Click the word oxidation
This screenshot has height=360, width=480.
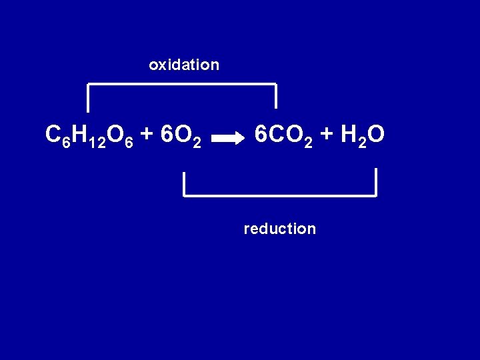[184, 65]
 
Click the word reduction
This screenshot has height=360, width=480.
[280, 229]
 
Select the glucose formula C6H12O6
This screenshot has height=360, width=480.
[91, 136]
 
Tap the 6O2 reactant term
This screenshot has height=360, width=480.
[181, 136]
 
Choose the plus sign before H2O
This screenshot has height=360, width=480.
[327, 135]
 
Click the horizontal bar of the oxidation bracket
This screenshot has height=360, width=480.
[182, 84]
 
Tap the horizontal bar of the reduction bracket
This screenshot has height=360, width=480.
[280, 195]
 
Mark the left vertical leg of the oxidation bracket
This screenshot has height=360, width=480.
[89, 97]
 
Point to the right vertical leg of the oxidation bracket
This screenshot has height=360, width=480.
[275, 96]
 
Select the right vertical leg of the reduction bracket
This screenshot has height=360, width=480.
[376, 182]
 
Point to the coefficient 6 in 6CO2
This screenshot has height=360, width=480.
[261, 135]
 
